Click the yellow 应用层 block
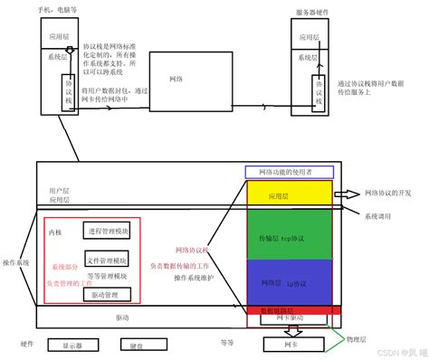[290, 194]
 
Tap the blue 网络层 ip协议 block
[290, 282]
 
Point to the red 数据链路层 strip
[290, 309]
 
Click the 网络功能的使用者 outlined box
[289, 172]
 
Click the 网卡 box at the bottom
[289, 345]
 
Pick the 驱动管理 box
[108, 295]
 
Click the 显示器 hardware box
[71, 346]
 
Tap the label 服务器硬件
[312, 13]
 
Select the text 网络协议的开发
[387, 194]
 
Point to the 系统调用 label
[379, 216]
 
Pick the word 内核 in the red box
[56, 232]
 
